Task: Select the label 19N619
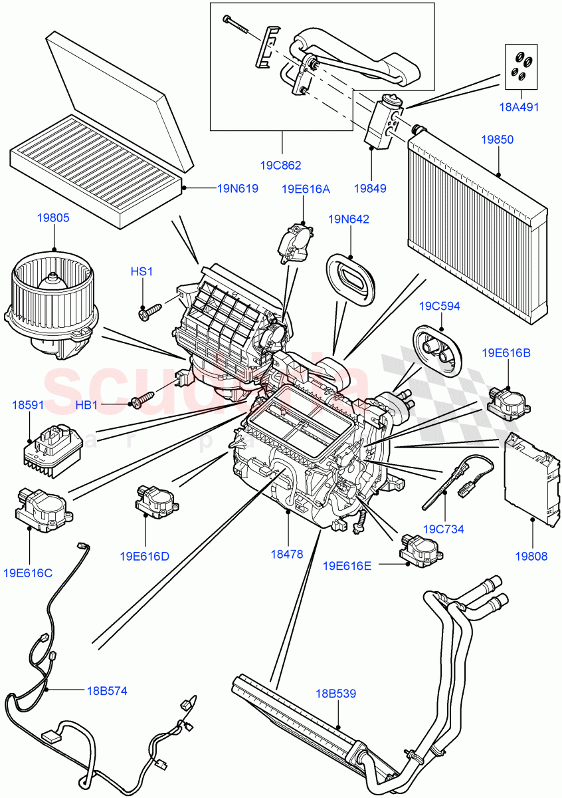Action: pyautogui.click(x=237, y=188)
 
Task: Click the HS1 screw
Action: pyautogui.click(x=149, y=311)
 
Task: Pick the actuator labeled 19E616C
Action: pyautogui.click(x=40, y=508)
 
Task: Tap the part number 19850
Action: pyautogui.click(x=498, y=140)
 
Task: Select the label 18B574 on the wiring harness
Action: pyautogui.click(x=106, y=691)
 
